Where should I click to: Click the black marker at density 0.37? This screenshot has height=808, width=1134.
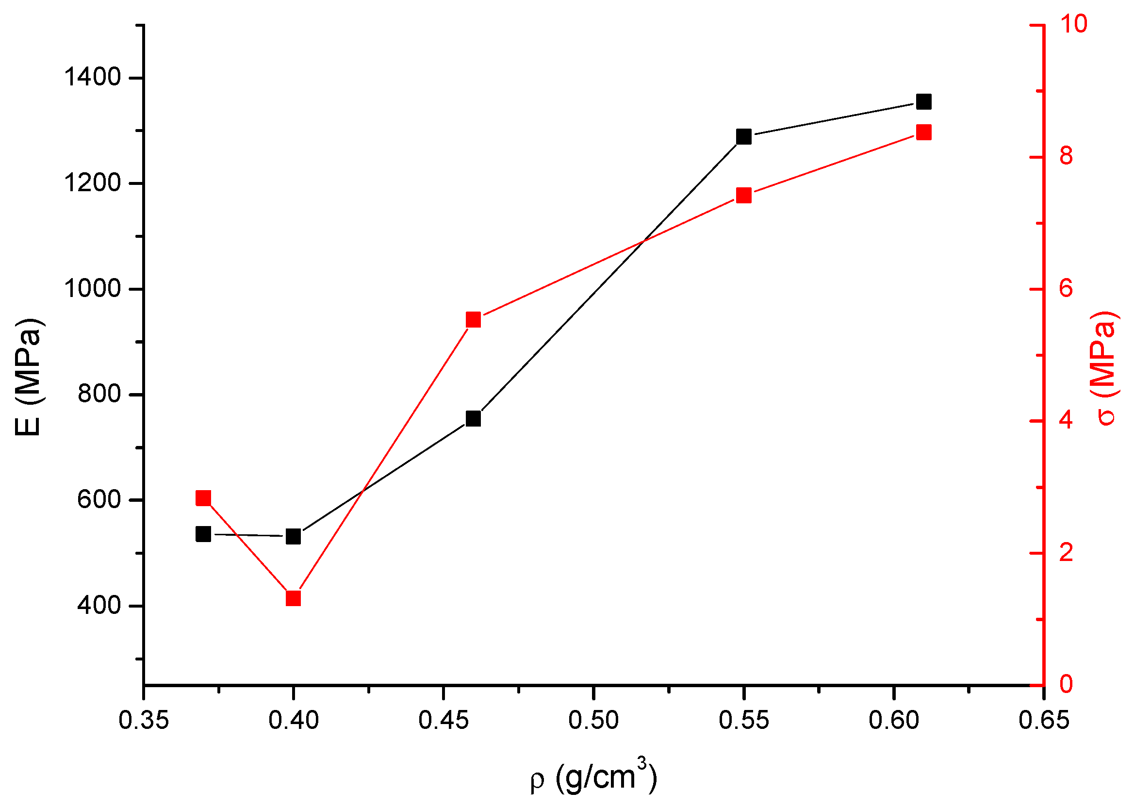point(203,534)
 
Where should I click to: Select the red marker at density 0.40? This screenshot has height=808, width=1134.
point(294,598)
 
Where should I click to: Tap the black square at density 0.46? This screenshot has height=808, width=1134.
point(474,418)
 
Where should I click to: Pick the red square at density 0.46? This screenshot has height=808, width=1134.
point(474,319)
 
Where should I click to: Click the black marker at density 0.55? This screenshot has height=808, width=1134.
point(743,136)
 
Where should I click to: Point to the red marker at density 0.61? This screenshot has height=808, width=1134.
point(923,133)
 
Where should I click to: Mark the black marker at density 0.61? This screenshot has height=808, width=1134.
point(923,102)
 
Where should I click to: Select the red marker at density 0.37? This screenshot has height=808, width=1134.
point(203,498)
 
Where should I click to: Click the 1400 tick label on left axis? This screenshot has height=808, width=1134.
point(93,78)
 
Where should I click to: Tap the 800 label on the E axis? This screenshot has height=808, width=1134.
point(99,395)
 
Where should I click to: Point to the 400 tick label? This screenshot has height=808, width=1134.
point(99,606)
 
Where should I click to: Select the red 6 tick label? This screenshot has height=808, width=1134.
point(1067,289)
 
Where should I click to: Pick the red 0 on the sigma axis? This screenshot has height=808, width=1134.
point(1067,684)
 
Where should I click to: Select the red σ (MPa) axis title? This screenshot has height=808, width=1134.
point(1107,368)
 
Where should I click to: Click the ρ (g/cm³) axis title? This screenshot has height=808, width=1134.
point(593,777)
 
